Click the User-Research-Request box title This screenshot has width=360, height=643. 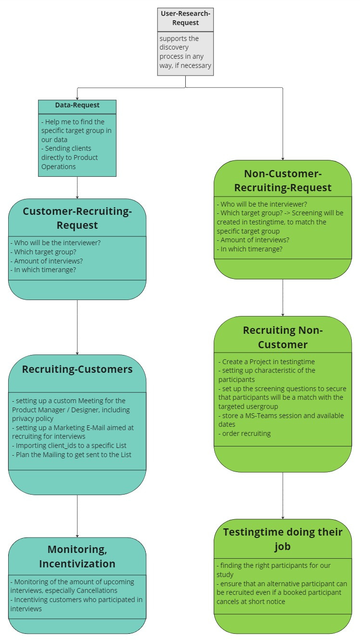[185, 18]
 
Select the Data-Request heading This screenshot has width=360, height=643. [77, 105]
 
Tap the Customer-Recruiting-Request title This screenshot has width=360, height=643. [77, 218]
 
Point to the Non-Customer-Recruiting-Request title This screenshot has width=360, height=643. [283, 180]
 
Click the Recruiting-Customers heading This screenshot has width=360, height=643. [77, 369]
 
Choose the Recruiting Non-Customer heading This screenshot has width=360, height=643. [283, 337]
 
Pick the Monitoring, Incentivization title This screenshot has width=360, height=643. [77, 556]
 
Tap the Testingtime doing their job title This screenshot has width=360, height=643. [283, 539]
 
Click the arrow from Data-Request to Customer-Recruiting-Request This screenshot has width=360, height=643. [77, 187]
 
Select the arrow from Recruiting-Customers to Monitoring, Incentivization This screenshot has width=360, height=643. [77, 515]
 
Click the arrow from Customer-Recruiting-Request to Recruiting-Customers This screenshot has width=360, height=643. [77, 327]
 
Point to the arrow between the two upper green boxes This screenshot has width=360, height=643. [283, 297]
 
